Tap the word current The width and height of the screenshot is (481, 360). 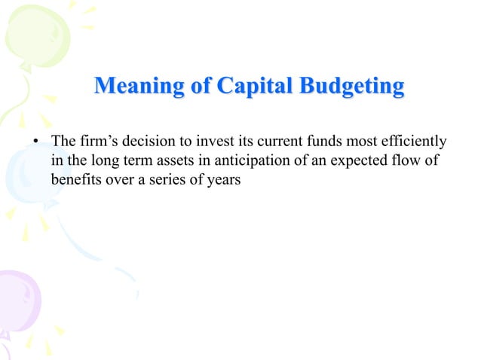[x=277, y=142]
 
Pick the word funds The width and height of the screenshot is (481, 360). [x=323, y=142]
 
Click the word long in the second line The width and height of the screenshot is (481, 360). [x=99, y=161]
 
